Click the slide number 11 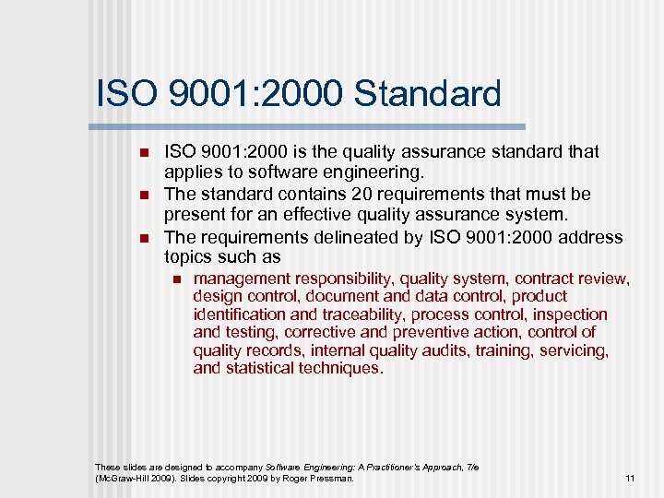(x=631, y=478)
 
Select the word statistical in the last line (x=256, y=368)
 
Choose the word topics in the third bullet (x=188, y=257)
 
